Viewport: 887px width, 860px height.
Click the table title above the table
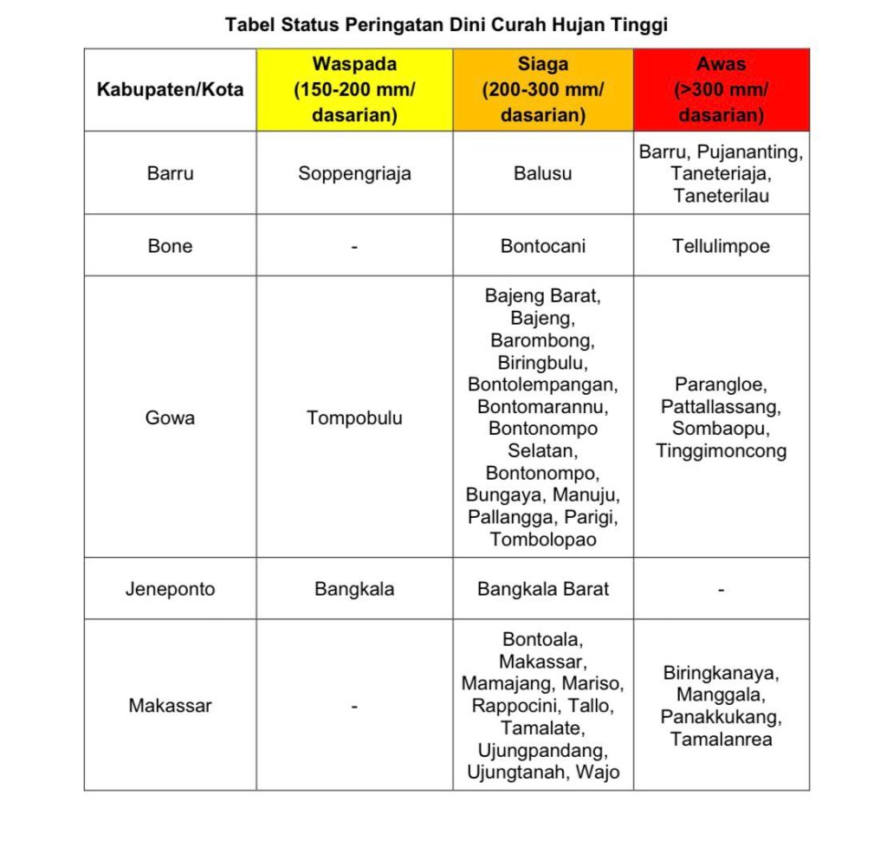click(446, 25)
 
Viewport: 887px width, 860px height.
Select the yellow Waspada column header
click(354, 90)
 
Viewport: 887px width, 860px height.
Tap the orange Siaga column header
click(543, 90)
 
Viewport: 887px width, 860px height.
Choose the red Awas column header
click(721, 90)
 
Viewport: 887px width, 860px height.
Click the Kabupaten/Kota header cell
click(170, 90)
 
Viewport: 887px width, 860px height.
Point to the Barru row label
click(170, 173)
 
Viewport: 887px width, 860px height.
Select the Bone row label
click(170, 246)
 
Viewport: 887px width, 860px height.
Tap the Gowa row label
click(170, 417)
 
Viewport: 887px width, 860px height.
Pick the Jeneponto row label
click(170, 589)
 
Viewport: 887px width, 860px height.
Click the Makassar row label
click(170, 705)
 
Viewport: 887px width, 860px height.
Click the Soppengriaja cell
click(354, 173)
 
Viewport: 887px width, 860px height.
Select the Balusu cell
click(543, 173)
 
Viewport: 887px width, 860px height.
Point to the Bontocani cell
click(543, 246)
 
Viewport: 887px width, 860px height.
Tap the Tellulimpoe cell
click(721, 246)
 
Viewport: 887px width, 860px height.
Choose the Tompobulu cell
click(354, 417)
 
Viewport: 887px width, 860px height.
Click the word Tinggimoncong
click(721, 450)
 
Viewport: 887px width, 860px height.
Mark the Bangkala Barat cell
click(543, 589)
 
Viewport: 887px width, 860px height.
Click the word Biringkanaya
click(721, 673)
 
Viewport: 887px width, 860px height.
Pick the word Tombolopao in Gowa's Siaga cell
click(543, 539)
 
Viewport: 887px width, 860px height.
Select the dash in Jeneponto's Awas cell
click(721, 590)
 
